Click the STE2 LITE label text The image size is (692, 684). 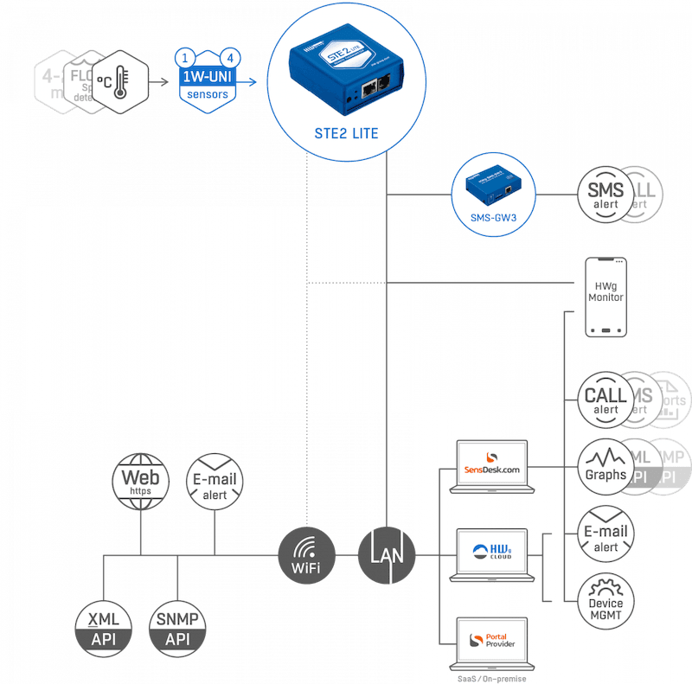pos(345,133)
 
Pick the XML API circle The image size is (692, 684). pos(103,627)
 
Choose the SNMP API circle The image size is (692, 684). pos(178,627)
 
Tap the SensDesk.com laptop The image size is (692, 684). pos(491,468)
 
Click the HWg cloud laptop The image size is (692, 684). pos(491,553)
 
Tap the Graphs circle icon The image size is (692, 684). pos(605,466)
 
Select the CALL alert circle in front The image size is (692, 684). pos(605,399)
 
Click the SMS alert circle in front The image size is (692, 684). pos(605,195)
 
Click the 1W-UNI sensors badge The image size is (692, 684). pos(208,82)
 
